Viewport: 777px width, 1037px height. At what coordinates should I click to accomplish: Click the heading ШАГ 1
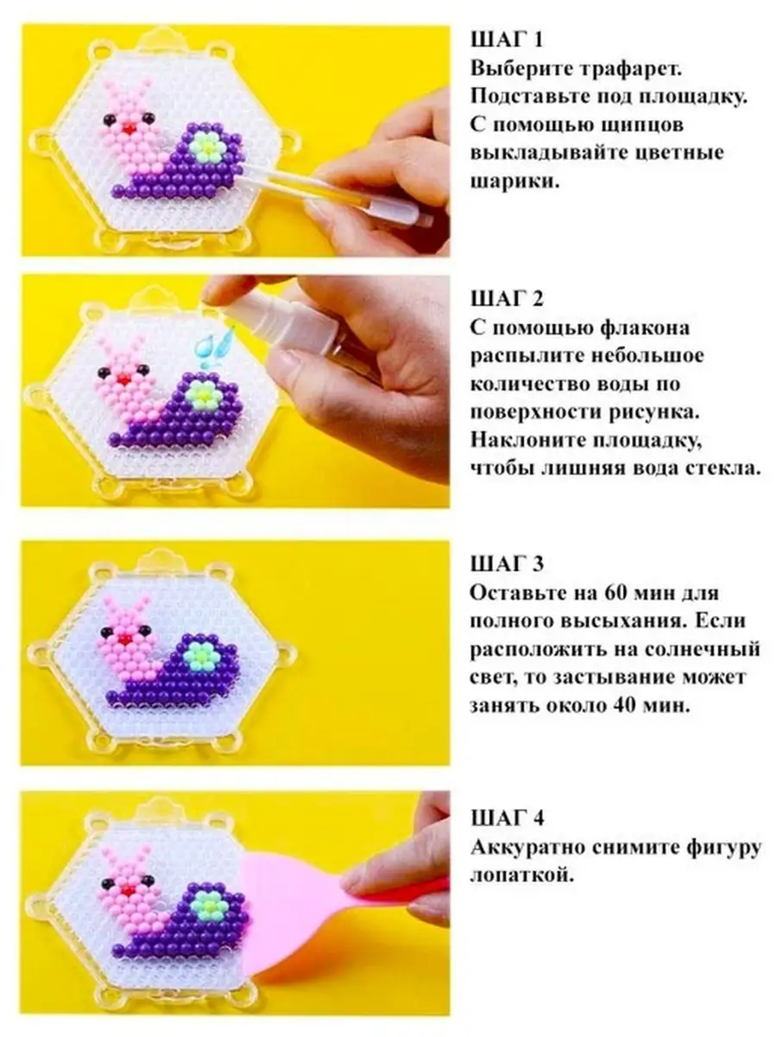[507, 40]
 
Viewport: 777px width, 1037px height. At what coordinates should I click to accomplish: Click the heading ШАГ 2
[507, 299]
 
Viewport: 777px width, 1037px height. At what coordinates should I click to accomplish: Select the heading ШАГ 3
[507, 564]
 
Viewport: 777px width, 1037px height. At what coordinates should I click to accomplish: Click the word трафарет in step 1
[630, 69]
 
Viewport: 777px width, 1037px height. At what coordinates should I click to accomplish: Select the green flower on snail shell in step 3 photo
[201, 654]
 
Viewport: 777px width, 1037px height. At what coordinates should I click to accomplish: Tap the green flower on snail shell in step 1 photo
[207, 147]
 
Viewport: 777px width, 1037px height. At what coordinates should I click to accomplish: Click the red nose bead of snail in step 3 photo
[124, 639]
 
